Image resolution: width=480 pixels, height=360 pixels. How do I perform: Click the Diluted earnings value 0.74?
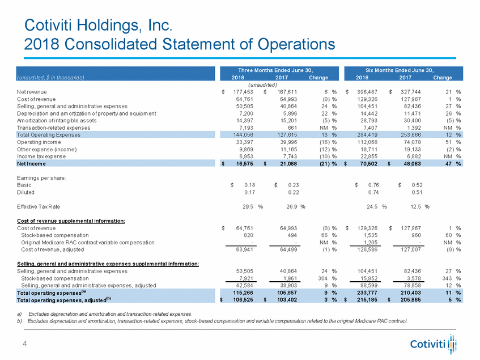tap(372, 192)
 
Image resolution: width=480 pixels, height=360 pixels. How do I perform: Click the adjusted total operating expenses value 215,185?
tap(367, 299)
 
